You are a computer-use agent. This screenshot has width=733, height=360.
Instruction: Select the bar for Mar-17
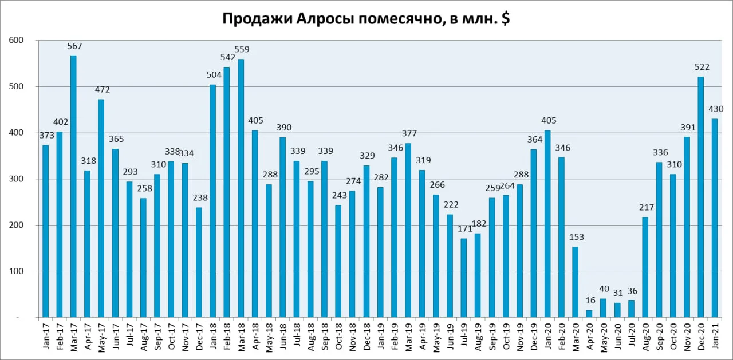(x=73, y=187)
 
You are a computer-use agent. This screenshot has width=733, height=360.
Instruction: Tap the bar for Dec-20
(x=700, y=197)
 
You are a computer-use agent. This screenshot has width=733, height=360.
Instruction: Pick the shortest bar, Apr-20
(x=589, y=314)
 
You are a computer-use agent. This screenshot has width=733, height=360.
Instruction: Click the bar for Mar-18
(x=241, y=188)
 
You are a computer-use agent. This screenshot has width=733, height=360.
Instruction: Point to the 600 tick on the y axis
(x=17, y=40)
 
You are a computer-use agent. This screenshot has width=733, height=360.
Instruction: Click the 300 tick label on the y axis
(x=17, y=179)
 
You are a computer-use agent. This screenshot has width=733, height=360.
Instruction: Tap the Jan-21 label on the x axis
(x=715, y=335)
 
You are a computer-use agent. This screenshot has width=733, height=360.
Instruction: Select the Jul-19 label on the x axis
(x=464, y=337)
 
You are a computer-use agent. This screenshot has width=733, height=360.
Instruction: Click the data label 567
(x=74, y=46)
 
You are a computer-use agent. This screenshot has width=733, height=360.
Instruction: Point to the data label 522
(x=702, y=67)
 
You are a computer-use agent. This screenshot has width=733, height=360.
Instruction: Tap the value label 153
(x=577, y=237)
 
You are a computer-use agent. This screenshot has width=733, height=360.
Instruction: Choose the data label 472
(x=103, y=90)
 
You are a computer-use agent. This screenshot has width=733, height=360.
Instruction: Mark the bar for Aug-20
(x=645, y=267)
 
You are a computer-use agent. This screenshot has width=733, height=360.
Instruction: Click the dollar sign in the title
(x=505, y=19)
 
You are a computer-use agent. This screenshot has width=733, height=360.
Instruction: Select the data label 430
(x=716, y=109)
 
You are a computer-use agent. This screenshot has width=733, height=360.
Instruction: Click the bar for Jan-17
(x=45, y=231)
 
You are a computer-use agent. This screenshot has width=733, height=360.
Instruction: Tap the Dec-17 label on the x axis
(x=199, y=337)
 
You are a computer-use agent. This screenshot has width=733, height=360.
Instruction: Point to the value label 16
(x=590, y=300)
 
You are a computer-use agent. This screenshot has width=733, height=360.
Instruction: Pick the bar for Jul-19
(x=463, y=278)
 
